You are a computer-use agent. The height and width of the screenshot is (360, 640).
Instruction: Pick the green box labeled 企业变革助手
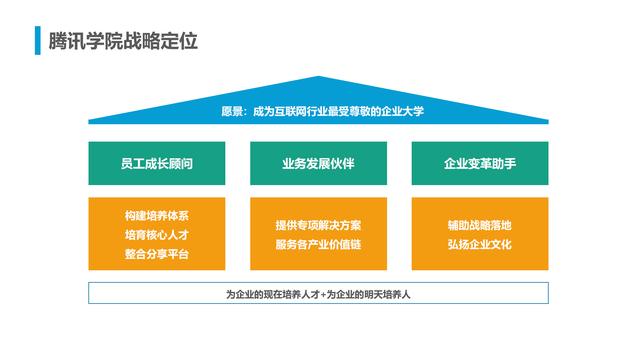(480, 163)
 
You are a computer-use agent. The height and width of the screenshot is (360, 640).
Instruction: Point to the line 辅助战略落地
(480, 225)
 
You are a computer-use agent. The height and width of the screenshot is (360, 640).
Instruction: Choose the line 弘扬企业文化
(480, 245)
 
